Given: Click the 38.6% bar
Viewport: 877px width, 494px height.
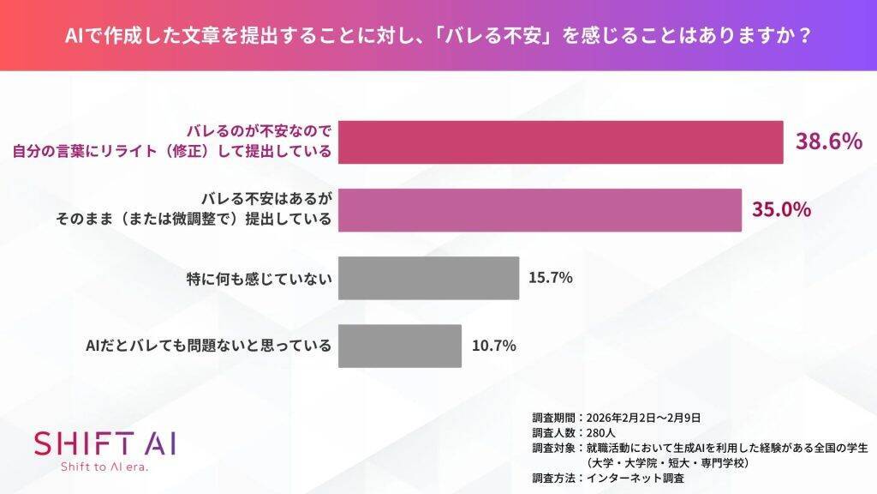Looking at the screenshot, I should click(x=561, y=142).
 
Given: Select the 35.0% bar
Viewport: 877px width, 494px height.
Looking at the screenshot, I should click(x=540, y=210).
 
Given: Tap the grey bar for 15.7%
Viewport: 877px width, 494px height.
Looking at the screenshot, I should click(x=428, y=278).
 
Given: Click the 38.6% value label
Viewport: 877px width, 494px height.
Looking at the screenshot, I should click(x=828, y=142).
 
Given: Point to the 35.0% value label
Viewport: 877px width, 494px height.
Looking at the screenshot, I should click(x=781, y=210).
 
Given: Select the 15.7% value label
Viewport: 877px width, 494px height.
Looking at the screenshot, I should click(x=551, y=278).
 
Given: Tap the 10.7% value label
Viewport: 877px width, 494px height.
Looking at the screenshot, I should click(x=493, y=346).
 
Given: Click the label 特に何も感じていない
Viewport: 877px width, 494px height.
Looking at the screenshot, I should click(x=259, y=279).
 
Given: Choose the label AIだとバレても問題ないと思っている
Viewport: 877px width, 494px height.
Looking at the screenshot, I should click(x=208, y=346).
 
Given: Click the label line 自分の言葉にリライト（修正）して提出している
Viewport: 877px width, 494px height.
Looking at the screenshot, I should click(x=171, y=153).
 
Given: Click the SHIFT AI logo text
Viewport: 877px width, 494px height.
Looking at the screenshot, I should click(x=104, y=443).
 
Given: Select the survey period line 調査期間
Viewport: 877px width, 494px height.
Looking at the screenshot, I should click(x=617, y=417).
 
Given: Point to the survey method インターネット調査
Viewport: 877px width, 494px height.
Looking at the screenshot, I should click(x=636, y=479).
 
